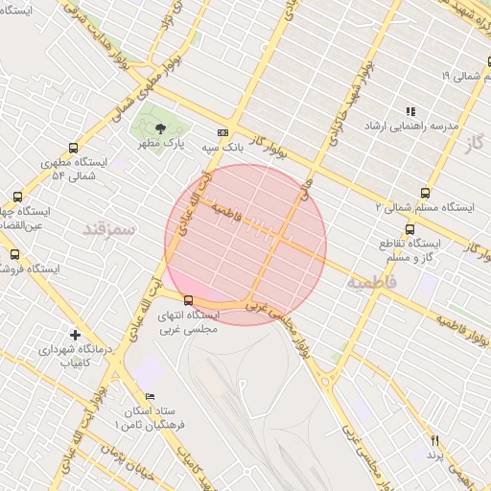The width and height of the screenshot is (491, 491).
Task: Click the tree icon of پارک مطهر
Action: (x=160, y=129)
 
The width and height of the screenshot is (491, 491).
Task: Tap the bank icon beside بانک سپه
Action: (x=222, y=133)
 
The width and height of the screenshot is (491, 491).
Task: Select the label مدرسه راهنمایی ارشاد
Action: (x=411, y=126)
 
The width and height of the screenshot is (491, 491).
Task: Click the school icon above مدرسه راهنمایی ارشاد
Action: (x=411, y=111)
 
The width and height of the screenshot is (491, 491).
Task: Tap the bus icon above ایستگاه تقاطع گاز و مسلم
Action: (x=410, y=229)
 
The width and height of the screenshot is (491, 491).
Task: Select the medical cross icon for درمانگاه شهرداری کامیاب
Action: (x=76, y=335)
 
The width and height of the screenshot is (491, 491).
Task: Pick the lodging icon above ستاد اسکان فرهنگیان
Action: (x=149, y=396)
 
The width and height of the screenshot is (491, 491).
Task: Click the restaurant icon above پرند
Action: (x=433, y=438)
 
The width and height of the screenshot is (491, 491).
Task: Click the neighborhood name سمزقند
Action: (x=109, y=228)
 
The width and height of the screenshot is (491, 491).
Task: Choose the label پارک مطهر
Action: (x=159, y=144)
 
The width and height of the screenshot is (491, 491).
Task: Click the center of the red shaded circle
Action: (x=245, y=245)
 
